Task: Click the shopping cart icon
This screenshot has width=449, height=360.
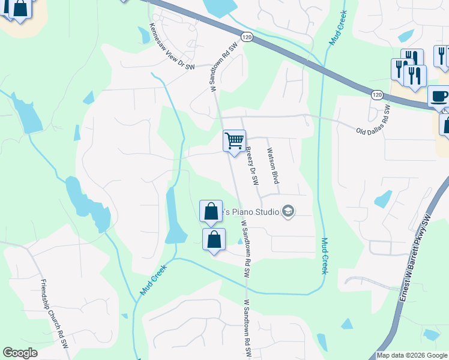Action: tap(234, 141)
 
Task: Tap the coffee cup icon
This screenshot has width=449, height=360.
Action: tap(439, 96)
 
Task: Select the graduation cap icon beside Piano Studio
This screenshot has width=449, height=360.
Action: tap(288, 211)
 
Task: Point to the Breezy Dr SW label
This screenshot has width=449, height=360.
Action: tap(253, 166)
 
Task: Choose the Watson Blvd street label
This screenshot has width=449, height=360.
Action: tap(273, 166)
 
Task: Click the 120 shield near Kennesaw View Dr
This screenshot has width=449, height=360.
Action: tap(247, 37)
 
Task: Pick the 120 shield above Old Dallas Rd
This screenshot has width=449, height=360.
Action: tap(377, 95)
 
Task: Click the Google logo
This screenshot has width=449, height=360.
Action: tap(20, 353)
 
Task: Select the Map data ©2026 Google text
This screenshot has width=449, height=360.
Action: tap(412, 355)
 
